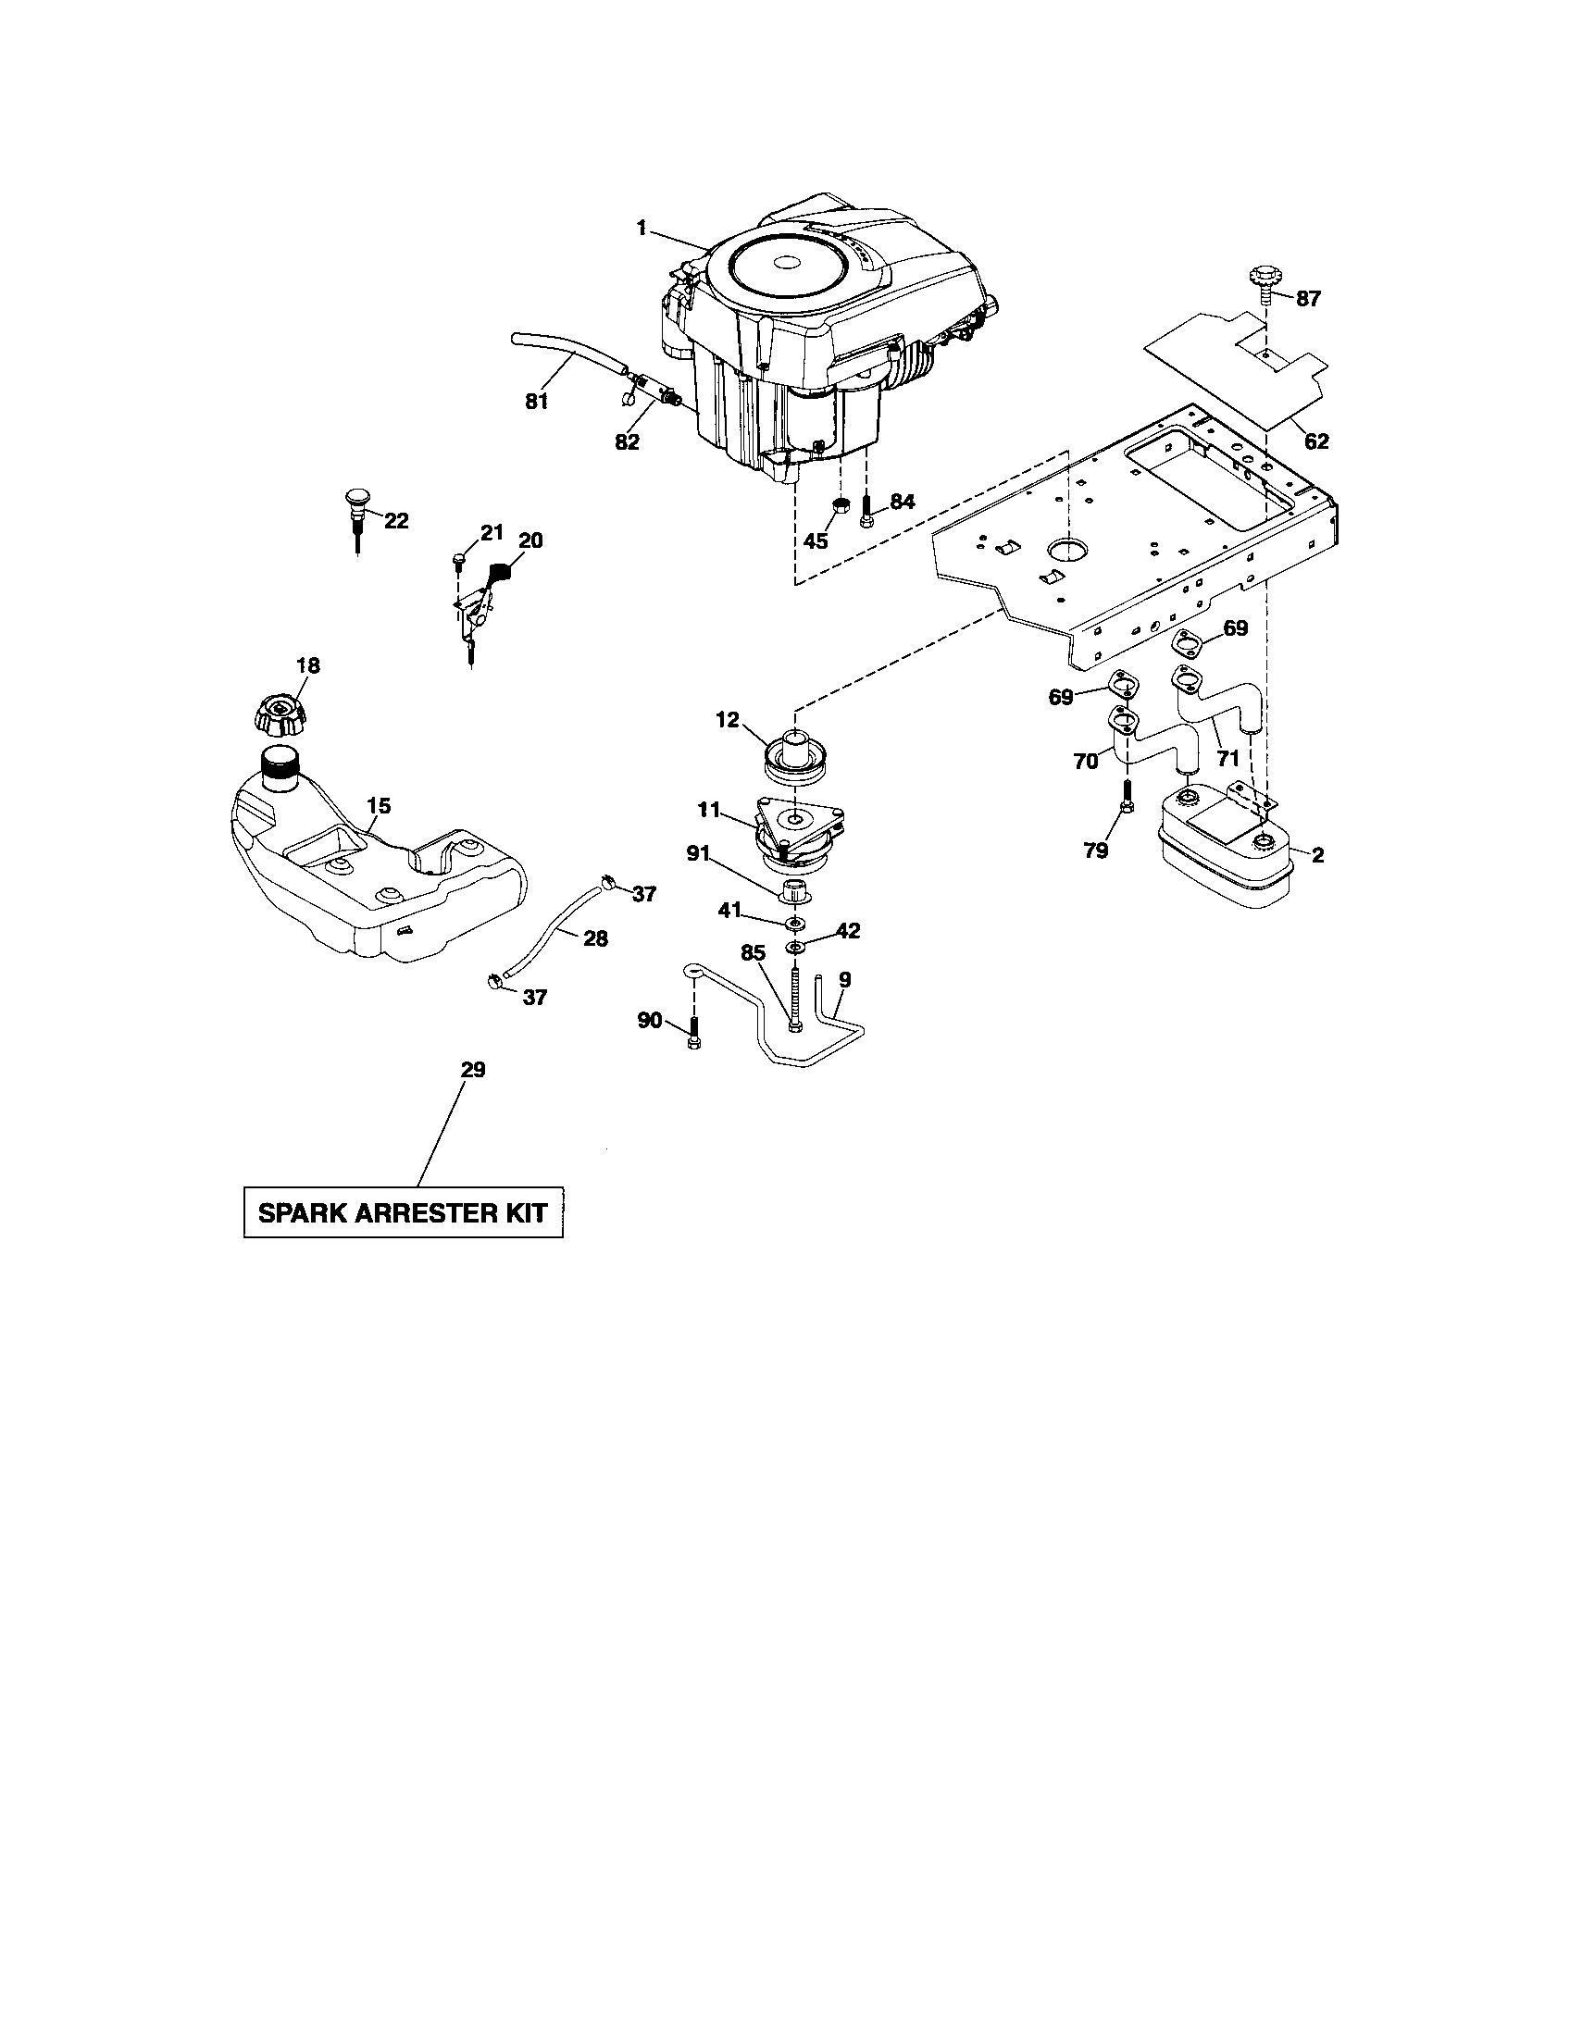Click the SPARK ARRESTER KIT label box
(x=403, y=1212)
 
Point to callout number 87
(x=1308, y=299)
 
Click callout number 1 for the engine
(x=642, y=228)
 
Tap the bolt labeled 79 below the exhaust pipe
(x=1127, y=797)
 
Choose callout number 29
(x=473, y=1070)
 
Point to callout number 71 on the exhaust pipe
(x=1227, y=760)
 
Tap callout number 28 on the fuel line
(x=595, y=937)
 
